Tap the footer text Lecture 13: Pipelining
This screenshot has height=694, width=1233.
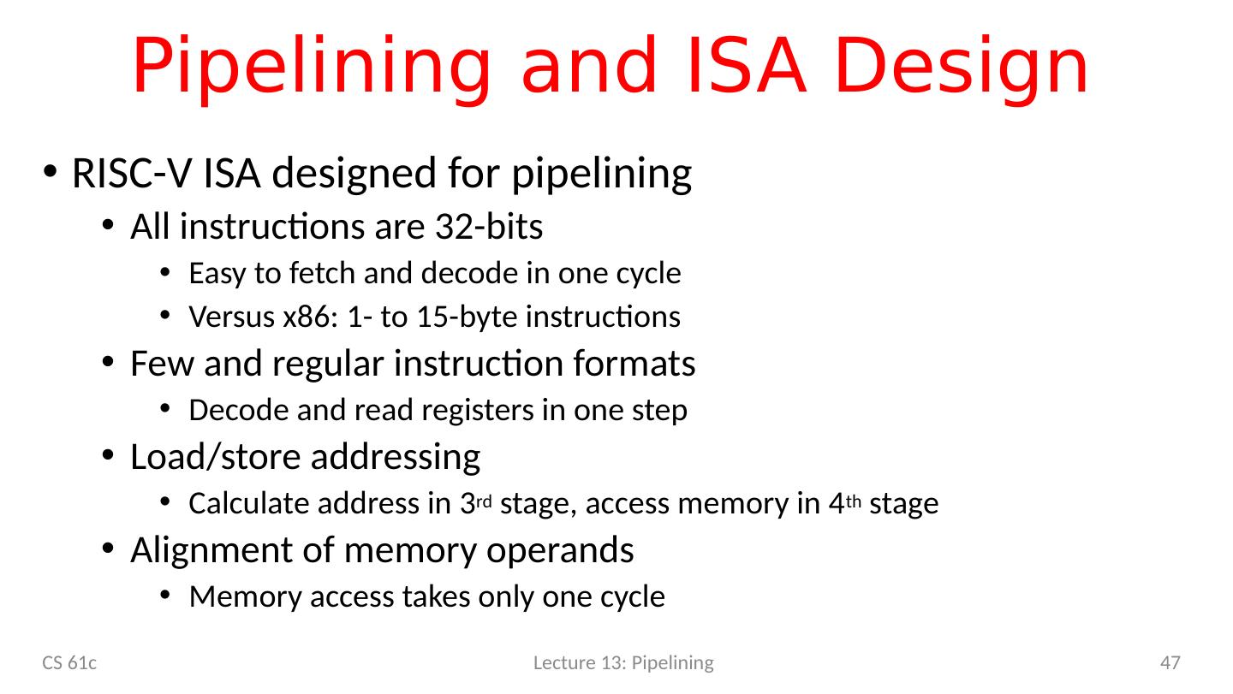623,662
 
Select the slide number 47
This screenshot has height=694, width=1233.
1170,662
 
